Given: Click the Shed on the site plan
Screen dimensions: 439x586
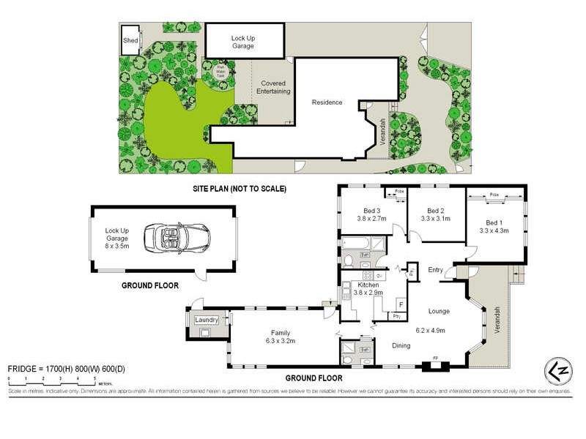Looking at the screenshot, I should [130, 40].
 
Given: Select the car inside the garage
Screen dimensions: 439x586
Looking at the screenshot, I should [177, 237].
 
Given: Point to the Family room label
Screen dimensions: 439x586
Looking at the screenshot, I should [281, 331].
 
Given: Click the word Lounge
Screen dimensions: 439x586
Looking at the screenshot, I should [439, 312].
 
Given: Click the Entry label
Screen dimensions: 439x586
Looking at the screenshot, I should [436, 269].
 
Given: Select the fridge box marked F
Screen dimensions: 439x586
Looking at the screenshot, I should [400, 303].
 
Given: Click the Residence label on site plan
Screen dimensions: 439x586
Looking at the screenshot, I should [327, 102].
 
